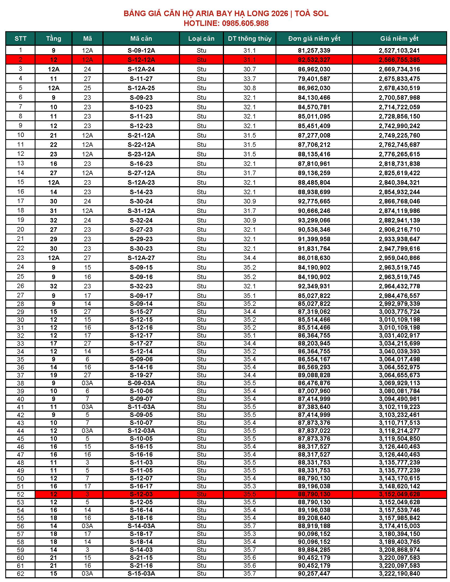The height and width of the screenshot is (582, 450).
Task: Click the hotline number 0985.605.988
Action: [x=245, y=24]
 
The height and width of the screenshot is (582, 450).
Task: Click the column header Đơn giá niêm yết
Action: [x=314, y=39]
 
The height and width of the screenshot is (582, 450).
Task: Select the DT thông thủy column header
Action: [x=250, y=39]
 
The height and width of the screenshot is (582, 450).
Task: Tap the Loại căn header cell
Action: [x=201, y=39]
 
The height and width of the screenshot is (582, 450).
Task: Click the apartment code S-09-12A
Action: [x=141, y=50]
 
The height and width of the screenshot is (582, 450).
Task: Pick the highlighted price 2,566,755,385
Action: [x=399, y=60]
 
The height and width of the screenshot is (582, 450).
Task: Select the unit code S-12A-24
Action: [x=141, y=69]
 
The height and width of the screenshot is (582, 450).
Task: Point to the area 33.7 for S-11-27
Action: [x=250, y=79]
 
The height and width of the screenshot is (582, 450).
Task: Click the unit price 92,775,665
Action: [x=314, y=201]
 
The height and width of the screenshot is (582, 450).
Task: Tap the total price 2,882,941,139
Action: [x=399, y=220]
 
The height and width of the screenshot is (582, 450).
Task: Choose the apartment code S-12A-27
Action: [x=141, y=258]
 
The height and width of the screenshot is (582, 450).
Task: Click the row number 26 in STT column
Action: [x=21, y=286]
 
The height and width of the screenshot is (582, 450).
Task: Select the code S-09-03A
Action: [x=141, y=383]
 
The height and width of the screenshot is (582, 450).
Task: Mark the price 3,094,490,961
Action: [x=399, y=399]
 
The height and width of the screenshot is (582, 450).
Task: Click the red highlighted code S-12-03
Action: [x=141, y=494]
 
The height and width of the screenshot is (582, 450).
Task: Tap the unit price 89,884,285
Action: [x=314, y=550]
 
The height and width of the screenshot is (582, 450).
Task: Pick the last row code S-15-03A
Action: [x=141, y=574]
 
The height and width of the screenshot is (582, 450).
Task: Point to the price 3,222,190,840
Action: [x=399, y=574]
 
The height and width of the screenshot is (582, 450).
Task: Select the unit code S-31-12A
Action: [x=141, y=211]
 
